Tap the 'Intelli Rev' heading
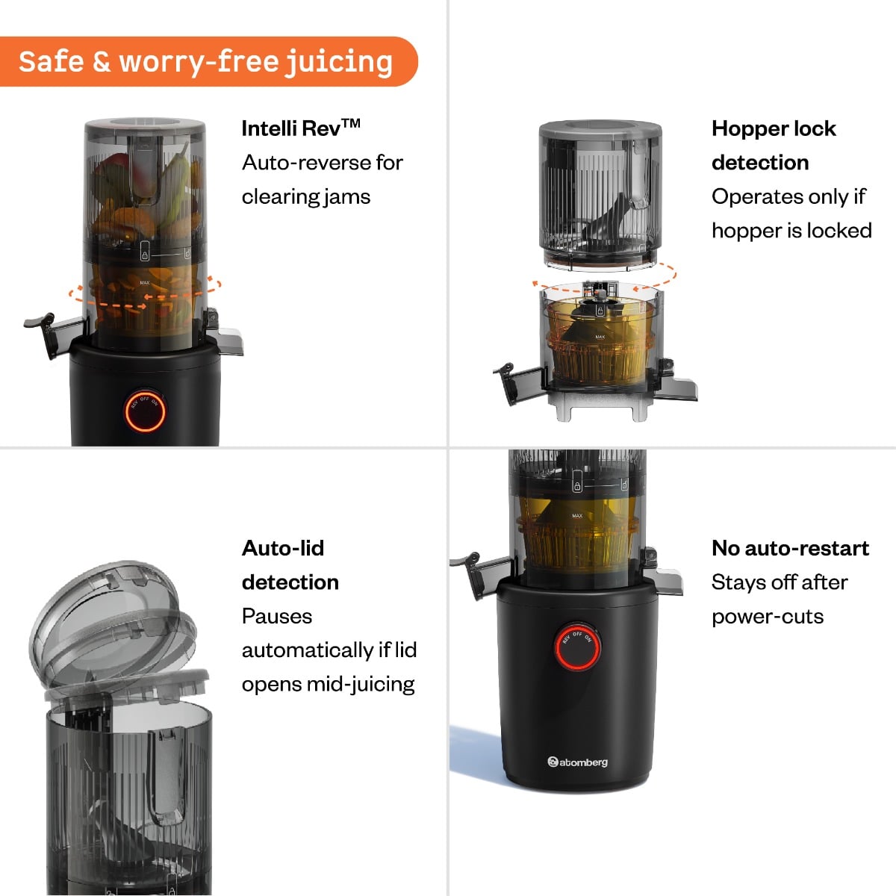(291, 128)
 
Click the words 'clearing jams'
(306, 196)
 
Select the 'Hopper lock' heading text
(774, 128)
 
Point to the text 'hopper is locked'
(791, 230)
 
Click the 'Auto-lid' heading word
(283, 548)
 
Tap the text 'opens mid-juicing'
(328, 684)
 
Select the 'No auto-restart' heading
(790, 548)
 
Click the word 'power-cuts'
(768, 617)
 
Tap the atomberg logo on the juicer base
(578, 762)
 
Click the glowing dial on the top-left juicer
(145, 411)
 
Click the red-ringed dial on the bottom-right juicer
(577, 646)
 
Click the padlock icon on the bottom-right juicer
(577, 485)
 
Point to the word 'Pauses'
(277, 617)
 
